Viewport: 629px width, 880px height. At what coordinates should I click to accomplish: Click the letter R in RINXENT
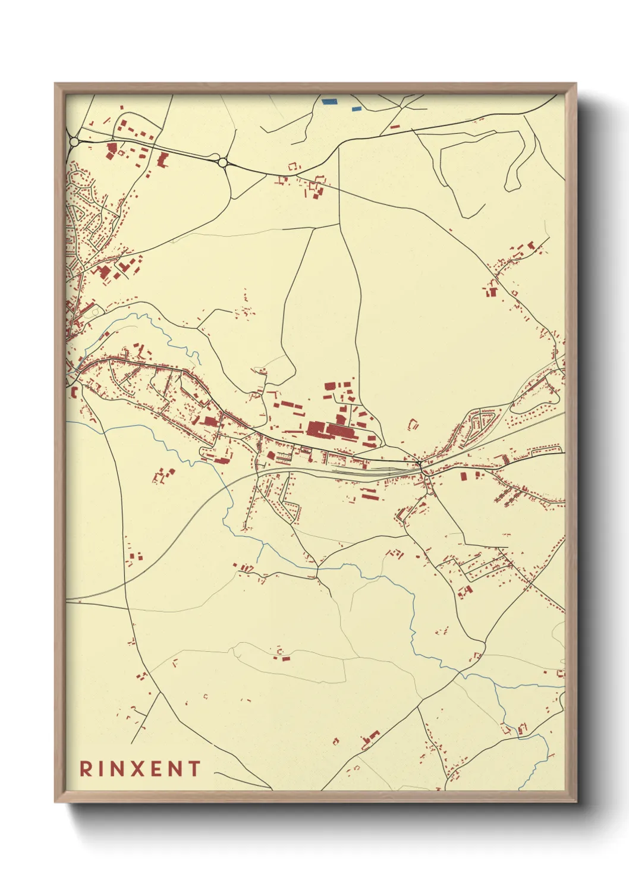coord(86,769)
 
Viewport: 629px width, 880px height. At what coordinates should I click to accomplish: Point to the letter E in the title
coord(157,769)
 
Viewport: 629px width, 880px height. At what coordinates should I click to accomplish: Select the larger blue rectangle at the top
coord(329,101)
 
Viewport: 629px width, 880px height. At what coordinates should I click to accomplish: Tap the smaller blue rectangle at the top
coord(356,109)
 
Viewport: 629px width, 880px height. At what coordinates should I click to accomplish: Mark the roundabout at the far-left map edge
coord(74,142)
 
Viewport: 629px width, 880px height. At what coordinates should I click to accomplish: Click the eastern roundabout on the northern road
coord(222,162)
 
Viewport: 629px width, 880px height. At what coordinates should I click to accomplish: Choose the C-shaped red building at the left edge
coord(74,392)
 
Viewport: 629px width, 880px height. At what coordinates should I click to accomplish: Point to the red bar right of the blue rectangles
coord(395,127)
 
